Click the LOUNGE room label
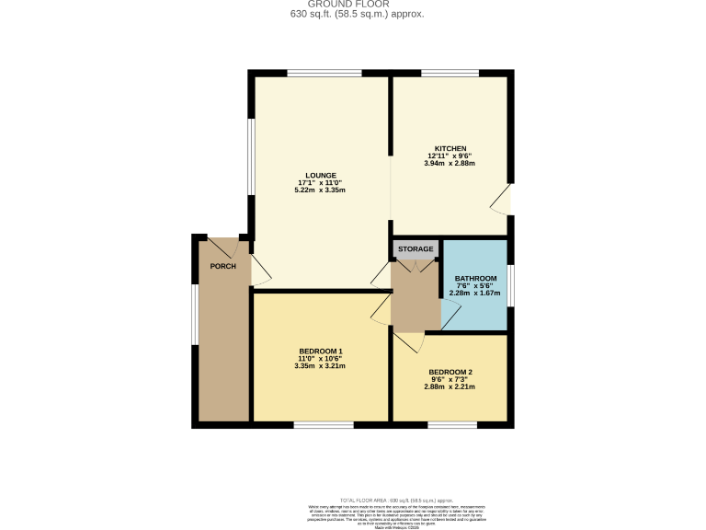click(321, 175)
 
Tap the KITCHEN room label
click(451, 148)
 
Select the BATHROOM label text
click(476, 279)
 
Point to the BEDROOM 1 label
click(321, 351)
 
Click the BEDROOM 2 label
click(450, 372)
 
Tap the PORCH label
click(223, 266)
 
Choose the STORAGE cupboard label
click(416, 248)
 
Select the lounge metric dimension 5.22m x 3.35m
click(320, 190)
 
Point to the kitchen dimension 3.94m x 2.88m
click(451, 164)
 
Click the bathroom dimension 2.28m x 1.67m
click(476, 294)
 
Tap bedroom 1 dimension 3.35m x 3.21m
click(320, 366)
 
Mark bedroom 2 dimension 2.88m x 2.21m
click(450, 387)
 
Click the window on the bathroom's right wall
click(511, 284)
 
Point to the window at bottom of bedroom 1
click(324, 425)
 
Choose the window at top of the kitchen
click(450, 73)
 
